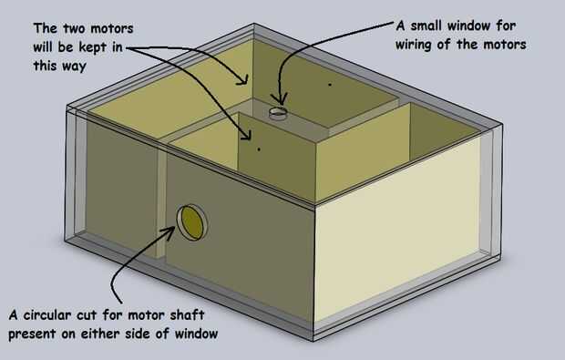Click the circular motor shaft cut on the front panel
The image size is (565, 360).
(x=192, y=222)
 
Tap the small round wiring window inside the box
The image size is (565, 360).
(x=278, y=112)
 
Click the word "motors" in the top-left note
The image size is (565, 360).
(x=112, y=28)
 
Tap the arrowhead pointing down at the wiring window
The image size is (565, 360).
(x=279, y=99)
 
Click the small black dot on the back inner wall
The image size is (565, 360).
(x=329, y=85)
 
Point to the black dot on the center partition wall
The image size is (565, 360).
(x=259, y=149)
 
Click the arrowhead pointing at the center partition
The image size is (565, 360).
(x=246, y=134)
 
